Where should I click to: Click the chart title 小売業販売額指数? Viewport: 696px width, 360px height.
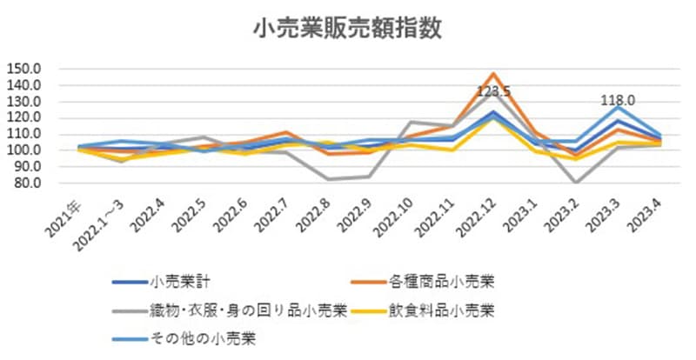coord(348,28)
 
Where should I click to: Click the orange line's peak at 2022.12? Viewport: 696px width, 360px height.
coord(493,74)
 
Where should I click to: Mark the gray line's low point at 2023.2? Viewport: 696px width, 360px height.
coord(575,183)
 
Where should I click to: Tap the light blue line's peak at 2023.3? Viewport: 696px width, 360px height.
coord(617,107)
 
